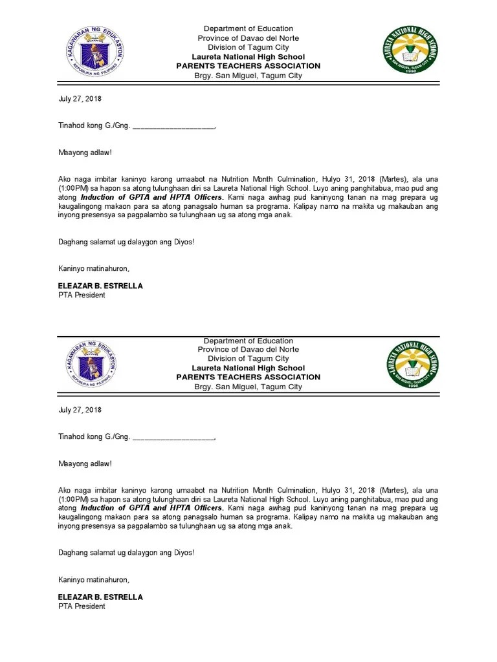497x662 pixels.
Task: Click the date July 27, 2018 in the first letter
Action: point(80,99)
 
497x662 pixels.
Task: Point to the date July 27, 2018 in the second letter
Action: point(80,410)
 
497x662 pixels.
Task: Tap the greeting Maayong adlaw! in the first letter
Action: point(85,153)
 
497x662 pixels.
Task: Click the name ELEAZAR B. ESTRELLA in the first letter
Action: point(100,286)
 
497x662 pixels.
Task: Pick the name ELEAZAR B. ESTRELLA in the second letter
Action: point(100,597)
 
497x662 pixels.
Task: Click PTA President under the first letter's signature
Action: point(82,295)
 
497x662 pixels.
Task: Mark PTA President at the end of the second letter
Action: point(82,606)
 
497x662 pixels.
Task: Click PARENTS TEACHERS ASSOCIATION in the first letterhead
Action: point(248,66)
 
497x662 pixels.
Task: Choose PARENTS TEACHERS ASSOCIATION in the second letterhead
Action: point(248,377)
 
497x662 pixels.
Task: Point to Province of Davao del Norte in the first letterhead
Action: point(248,38)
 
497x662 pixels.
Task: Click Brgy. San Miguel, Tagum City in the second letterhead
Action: point(248,387)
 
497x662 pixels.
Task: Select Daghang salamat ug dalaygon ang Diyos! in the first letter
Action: point(126,242)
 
